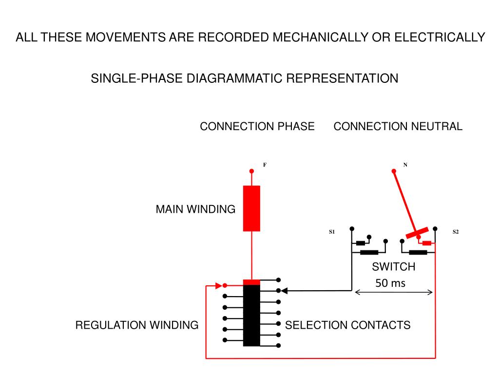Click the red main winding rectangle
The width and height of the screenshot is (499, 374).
[x=251, y=208]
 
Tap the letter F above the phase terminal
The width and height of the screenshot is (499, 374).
[x=265, y=165]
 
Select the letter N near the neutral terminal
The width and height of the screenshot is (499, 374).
[x=405, y=165]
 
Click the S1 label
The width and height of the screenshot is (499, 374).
[x=332, y=232]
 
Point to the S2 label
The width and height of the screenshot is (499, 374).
[x=456, y=232]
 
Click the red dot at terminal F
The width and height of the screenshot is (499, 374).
[x=252, y=171]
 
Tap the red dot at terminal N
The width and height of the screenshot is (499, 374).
[x=394, y=171]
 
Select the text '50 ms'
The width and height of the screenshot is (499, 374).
[x=390, y=283]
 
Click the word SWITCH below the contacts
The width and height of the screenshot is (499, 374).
[x=394, y=266]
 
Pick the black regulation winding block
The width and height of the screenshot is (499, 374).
[x=251, y=315]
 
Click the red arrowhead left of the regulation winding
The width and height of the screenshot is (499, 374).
[x=219, y=285]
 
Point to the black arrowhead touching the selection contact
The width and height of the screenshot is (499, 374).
[x=285, y=291]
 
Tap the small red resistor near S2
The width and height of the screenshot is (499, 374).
[x=427, y=243]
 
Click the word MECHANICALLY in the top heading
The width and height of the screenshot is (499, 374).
[x=320, y=37]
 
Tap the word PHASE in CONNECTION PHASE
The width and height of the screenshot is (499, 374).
[x=296, y=126]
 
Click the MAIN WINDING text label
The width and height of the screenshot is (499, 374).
[x=195, y=209]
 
